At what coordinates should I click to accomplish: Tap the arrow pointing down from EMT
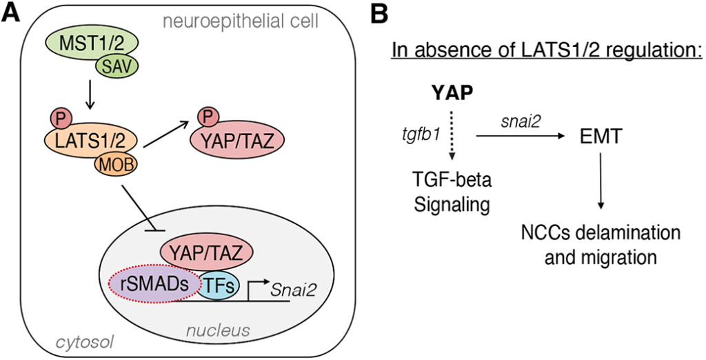[601, 183]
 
